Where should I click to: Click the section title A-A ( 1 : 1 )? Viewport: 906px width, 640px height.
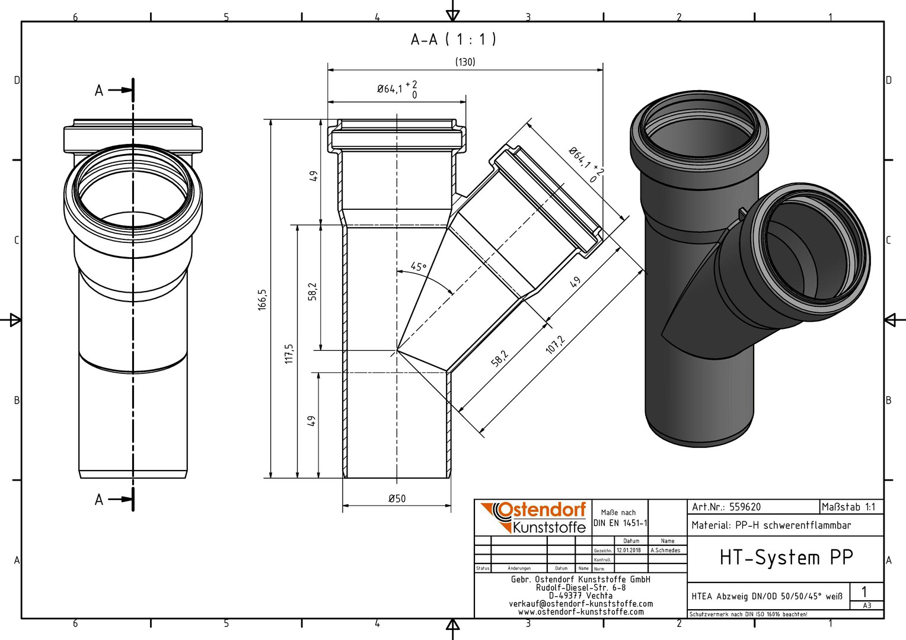coord(453,40)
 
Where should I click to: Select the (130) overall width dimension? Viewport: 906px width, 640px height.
coord(465,62)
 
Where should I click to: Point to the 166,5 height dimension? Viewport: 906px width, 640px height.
coord(262,300)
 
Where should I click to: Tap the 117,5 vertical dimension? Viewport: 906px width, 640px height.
coord(289,354)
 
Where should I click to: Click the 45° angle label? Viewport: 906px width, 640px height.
coord(418,267)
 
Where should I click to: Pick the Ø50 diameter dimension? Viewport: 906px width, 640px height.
coord(397,498)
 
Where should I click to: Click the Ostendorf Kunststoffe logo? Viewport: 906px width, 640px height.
coord(533,517)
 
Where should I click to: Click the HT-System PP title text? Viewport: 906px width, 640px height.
coord(786,558)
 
